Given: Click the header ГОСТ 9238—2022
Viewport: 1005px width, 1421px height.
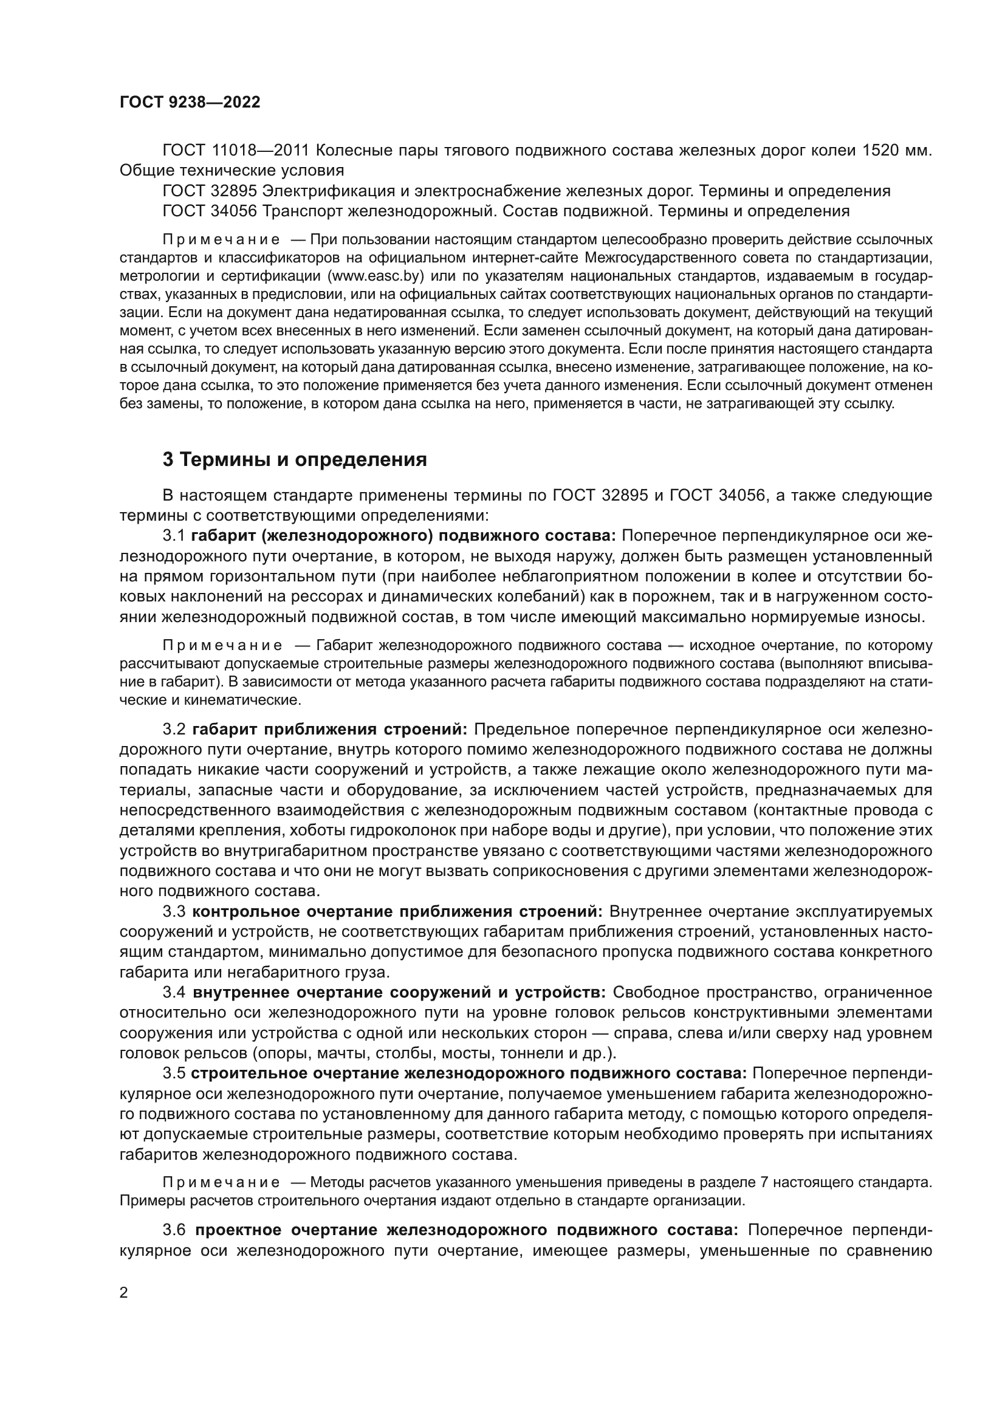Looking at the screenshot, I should [x=190, y=103].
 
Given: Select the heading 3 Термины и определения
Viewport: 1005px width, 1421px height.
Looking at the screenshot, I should [x=295, y=459].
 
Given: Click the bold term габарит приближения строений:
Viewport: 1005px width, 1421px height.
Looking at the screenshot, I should [x=330, y=729].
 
